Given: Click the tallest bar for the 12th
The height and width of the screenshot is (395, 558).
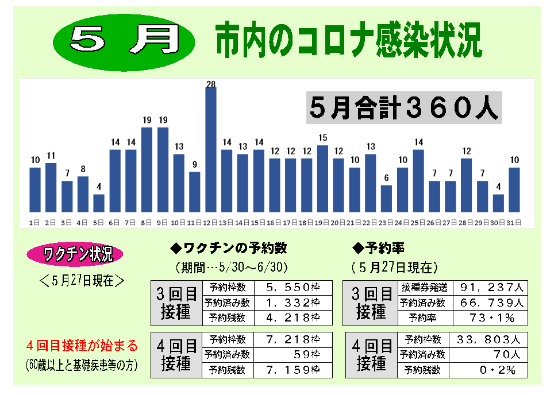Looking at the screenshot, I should tap(211, 149).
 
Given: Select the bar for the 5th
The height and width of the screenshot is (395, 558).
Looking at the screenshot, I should tap(99, 203).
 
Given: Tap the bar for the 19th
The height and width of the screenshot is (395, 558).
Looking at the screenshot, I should tap(323, 179).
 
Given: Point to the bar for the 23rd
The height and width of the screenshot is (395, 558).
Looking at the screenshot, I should tap(387, 199).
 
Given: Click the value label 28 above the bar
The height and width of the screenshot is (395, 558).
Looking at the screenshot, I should tap(211, 84).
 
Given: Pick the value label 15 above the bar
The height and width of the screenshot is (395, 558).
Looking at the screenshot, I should tap(323, 138).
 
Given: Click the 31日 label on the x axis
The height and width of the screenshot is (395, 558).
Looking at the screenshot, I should tap(514, 222).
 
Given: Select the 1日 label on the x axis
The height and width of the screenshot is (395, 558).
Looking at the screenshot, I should tap(34, 222).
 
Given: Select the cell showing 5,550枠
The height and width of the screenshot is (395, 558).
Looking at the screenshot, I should tap(293, 286).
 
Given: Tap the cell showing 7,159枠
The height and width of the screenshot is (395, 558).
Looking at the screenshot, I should tap(293, 370).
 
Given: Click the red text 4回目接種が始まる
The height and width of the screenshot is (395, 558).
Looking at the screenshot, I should tap(82, 346).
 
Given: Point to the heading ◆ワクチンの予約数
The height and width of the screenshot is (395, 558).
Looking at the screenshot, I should tap(229, 249).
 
